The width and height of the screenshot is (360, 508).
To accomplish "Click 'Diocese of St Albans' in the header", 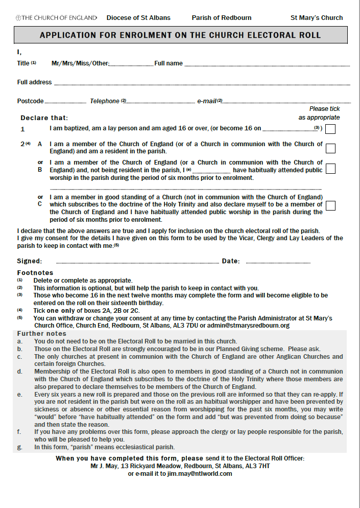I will click(x=138, y=18).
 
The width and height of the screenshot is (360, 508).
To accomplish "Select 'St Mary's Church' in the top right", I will click(x=317, y=18).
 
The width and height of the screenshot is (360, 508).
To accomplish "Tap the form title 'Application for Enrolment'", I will click(x=180, y=35).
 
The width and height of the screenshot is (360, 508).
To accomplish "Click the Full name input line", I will click(x=267, y=65).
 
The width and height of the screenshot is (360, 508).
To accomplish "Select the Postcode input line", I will click(x=65, y=102).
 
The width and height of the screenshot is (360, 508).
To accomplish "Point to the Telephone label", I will click(x=105, y=101).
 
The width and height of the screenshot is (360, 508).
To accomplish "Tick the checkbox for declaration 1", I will click(x=330, y=129).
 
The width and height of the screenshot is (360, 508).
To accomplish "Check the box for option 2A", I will click(x=330, y=148).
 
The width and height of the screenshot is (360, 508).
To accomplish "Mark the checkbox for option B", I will click(x=330, y=169).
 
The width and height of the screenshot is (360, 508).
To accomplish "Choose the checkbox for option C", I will click(x=330, y=205).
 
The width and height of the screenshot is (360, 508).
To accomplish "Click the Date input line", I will click(x=278, y=263).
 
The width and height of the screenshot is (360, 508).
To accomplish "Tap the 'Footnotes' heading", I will click(x=35, y=273).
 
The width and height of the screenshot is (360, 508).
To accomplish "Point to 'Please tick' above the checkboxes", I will click(x=324, y=109).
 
